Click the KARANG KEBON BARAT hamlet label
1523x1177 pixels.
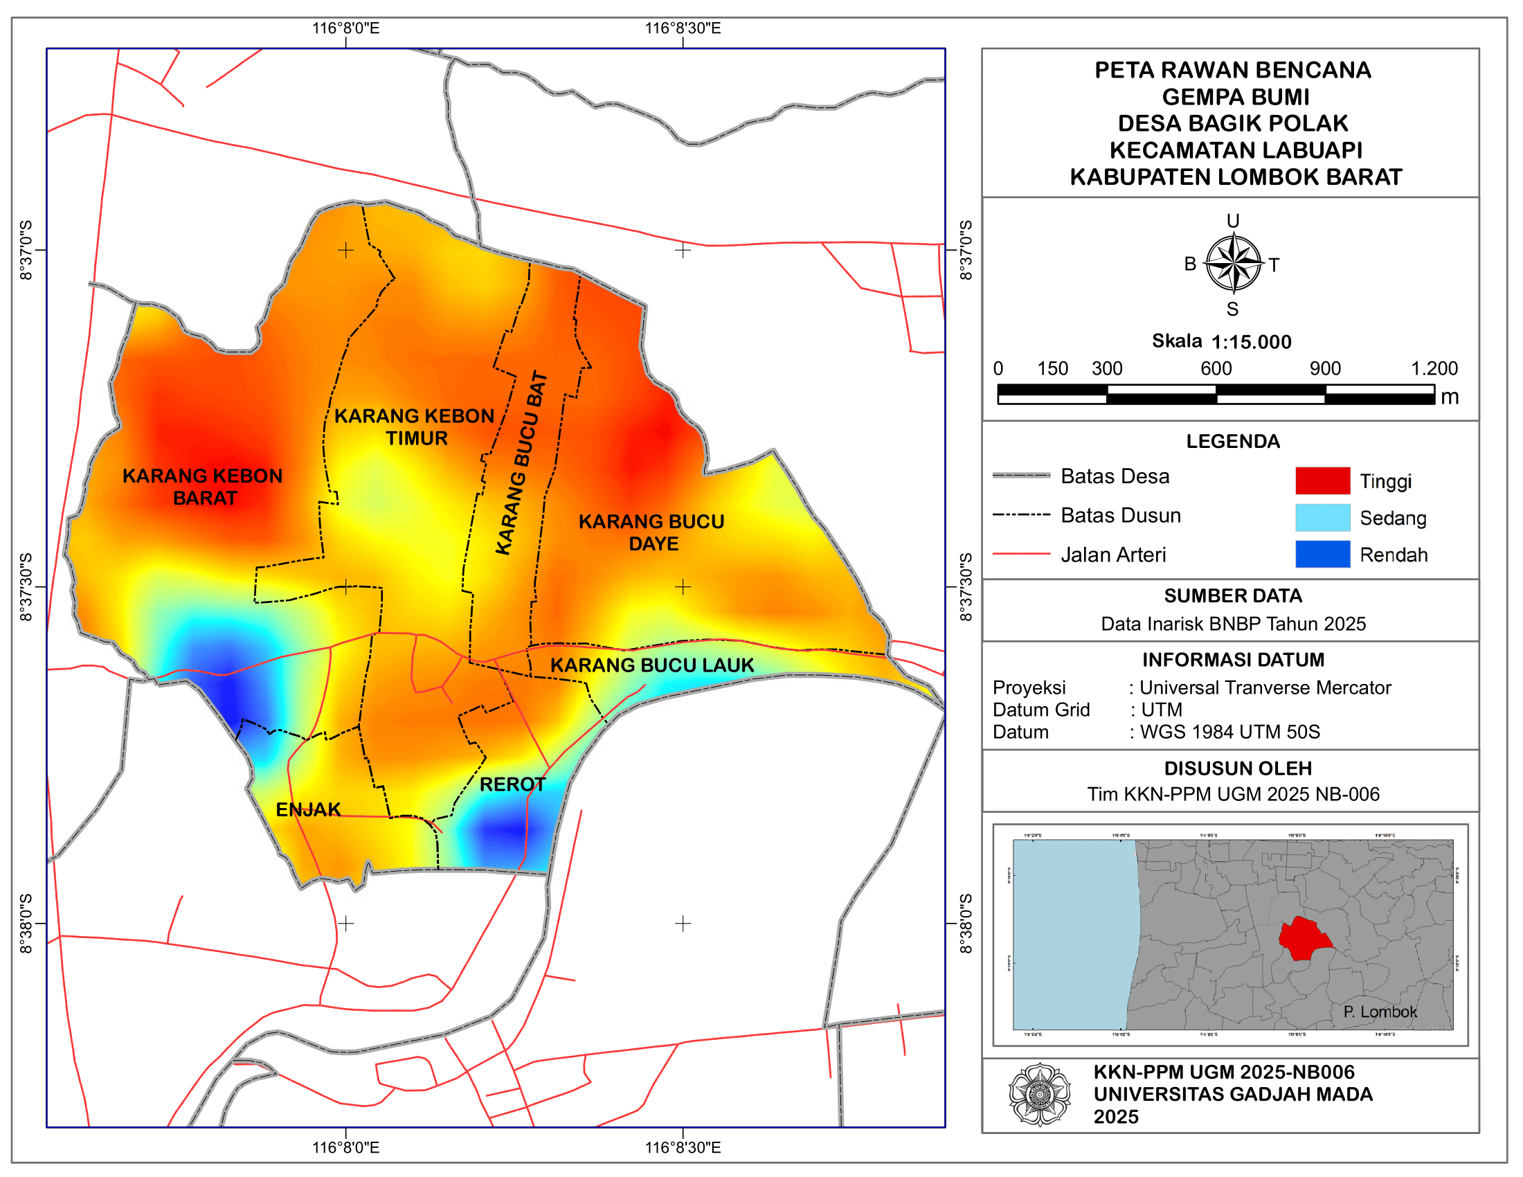point(203,487)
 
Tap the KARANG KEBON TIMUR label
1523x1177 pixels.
point(415,426)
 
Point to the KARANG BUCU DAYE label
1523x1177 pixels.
point(652,532)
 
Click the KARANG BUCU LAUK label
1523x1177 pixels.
point(652,665)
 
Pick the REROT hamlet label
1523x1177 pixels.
point(512,784)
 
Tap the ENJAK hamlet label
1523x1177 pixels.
point(308,809)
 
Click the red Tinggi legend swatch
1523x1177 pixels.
point(1323,481)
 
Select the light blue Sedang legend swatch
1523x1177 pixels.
point(1323,518)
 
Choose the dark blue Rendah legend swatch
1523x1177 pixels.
point(1323,555)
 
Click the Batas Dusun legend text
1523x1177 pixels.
point(1121,515)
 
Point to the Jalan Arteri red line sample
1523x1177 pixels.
point(1021,555)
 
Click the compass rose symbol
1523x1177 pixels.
point(1233,264)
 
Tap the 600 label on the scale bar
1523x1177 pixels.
point(1216,368)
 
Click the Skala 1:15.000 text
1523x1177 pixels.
point(1221,341)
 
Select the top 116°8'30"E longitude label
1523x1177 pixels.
point(682,28)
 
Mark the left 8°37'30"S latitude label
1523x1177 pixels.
point(26,586)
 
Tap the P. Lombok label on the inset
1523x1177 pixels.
point(1379,1012)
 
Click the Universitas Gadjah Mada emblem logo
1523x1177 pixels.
point(1040,1095)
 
